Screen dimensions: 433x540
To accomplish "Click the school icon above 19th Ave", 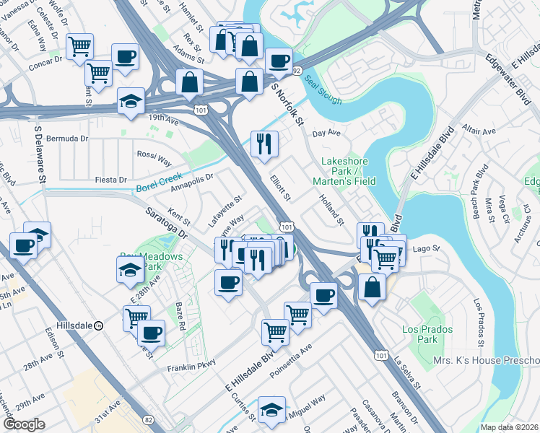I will tap(131, 102).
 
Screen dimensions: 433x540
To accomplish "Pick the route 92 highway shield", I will tap(297, 70).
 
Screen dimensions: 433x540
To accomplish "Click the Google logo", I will tap(25, 424).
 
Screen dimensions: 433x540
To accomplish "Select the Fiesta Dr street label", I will tap(112, 180).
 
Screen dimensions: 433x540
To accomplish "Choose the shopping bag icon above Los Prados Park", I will tap(373, 287).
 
